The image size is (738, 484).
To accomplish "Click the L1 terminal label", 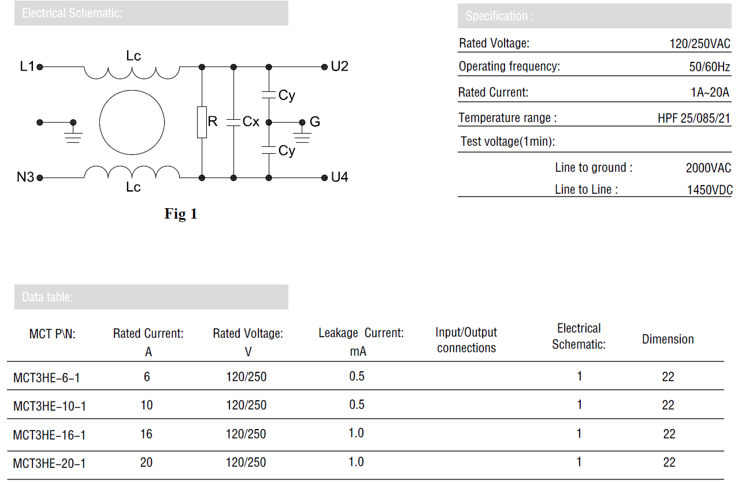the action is (27, 66).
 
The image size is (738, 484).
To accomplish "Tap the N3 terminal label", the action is (25, 177).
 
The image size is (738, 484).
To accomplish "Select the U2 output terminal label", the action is (339, 66).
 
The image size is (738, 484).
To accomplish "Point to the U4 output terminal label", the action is (339, 177).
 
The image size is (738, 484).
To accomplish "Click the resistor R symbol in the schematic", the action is (202, 122).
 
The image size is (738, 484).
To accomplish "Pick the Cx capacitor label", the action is (251, 121).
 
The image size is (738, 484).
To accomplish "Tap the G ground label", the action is (314, 121).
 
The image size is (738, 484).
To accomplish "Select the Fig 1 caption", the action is (181, 213).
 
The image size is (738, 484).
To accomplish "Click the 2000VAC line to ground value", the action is (709, 168).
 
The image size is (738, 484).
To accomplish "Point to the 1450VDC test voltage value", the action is (710, 190).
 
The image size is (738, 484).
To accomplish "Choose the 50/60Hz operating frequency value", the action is (709, 66).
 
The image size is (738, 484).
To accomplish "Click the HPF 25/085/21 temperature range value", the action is (694, 118).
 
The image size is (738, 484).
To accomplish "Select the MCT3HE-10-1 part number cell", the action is (50, 406).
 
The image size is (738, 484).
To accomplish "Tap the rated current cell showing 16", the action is (146, 434).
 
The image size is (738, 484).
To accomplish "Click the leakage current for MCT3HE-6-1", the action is (357, 376).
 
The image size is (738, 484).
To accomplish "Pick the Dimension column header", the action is (668, 339).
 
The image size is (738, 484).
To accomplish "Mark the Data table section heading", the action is (47, 297).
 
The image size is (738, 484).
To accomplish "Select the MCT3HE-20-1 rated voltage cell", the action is (246, 462).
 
